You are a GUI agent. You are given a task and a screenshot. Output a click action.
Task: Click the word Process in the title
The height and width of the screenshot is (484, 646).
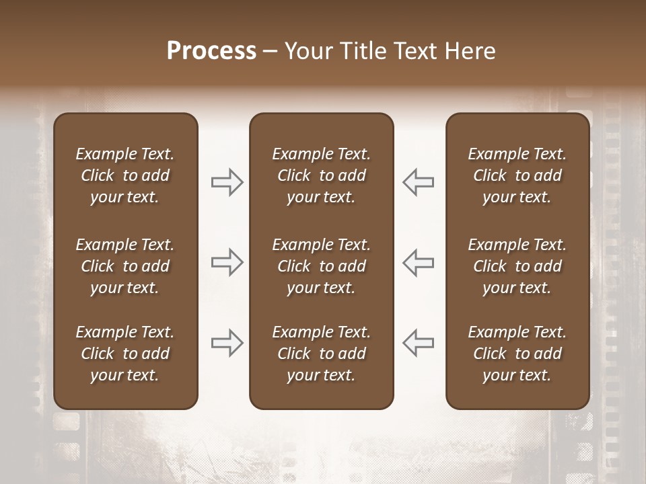(x=211, y=51)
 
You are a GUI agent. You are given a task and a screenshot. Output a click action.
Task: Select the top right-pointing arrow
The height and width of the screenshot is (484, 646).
(x=227, y=182)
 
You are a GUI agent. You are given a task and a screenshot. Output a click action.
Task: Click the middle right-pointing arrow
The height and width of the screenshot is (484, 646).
(x=227, y=262)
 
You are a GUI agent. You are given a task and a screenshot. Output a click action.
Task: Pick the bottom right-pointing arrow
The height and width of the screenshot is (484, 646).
(x=227, y=343)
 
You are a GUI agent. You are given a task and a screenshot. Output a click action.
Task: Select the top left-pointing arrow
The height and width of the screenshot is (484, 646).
(x=418, y=182)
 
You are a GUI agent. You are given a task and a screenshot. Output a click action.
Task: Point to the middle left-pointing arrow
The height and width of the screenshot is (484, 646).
(x=418, y=262)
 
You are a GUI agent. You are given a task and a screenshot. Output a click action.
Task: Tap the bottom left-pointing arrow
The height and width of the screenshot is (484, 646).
(x=418, y=343)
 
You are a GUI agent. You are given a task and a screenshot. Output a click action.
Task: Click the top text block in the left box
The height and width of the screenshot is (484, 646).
(x=125, y=175)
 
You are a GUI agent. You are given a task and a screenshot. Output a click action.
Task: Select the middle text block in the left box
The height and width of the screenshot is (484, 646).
(x=125, y=266)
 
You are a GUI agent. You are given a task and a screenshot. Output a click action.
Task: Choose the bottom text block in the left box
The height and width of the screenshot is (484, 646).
(x=125, y=354)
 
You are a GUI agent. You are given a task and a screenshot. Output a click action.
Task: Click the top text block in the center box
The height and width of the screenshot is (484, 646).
(x=322, y=175)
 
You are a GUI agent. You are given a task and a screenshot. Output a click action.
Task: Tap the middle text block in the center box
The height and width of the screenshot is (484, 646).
(x=322, y=266)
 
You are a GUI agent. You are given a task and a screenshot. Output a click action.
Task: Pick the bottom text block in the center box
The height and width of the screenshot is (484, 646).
(x=322, y=354)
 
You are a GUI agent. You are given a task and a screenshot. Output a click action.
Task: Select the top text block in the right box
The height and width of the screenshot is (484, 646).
(x=517, y=175)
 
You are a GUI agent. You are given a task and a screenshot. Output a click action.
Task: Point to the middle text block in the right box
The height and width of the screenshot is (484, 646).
(x=517, y=266)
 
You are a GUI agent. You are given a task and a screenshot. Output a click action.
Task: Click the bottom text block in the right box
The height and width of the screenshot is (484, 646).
(x=517, y=354)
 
